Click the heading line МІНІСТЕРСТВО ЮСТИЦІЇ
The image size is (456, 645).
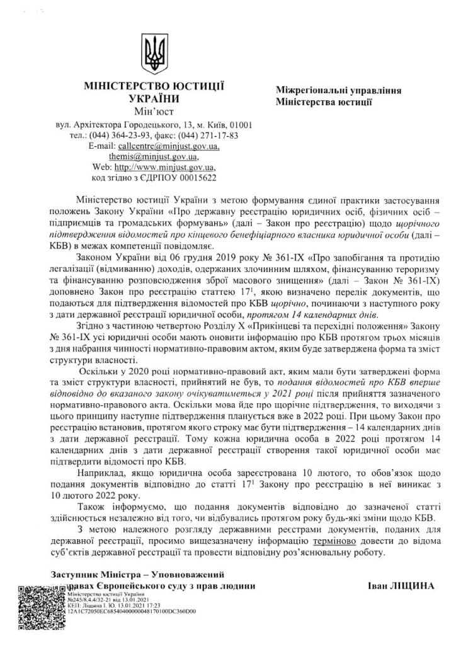coord(154,86)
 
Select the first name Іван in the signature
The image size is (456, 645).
coord(376,585)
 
